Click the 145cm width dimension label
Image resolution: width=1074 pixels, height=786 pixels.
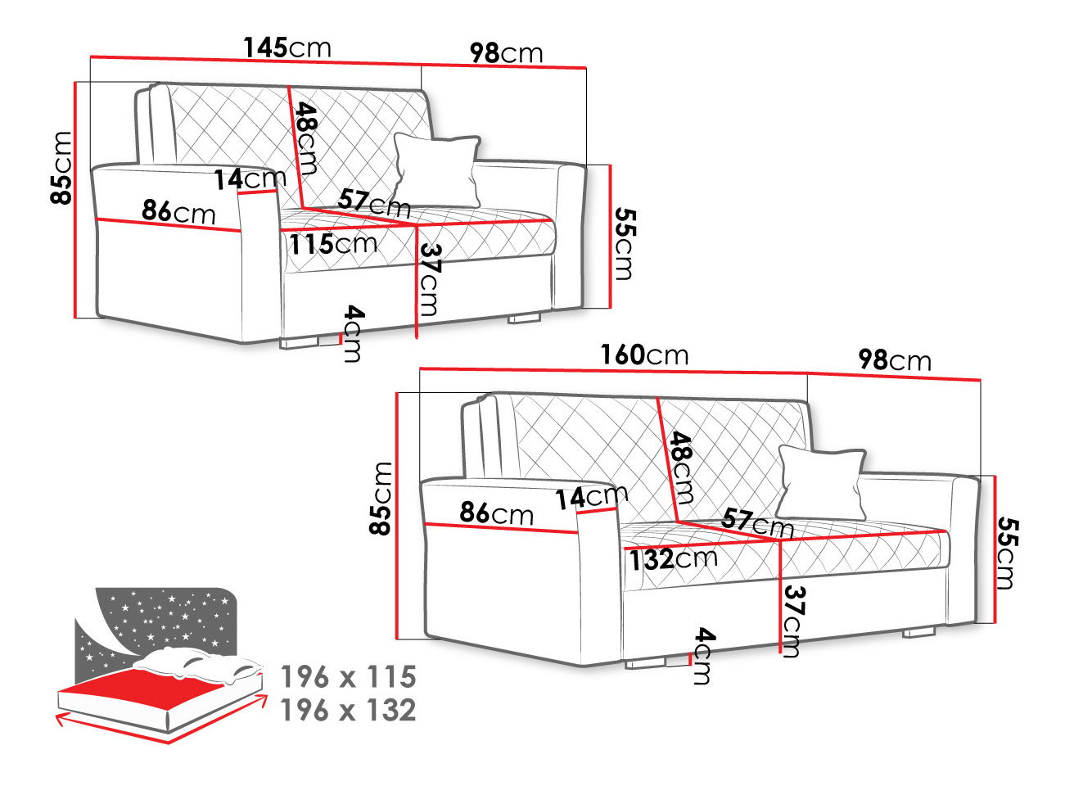pyautogui.click(x=287, y=47)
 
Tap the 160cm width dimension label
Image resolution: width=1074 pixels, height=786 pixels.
pyautogui.click(x=644, y=355)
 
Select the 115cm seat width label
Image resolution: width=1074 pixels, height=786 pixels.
pyautogui.click(x=332, y=243)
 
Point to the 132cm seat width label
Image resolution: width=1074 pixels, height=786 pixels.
pyautogui.click(x=673, y=559)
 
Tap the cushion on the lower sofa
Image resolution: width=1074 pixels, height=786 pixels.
pyautogui.click(x=821, y=481)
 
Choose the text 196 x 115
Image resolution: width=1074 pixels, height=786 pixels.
pyautogui.click(x=349, y=677)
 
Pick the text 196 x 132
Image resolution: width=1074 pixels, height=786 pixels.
pyautogui.click(x=349, y=710)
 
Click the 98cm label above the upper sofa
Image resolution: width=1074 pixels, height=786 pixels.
pyautogui.click(x=506, y=52)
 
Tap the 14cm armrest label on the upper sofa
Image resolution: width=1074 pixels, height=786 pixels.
pyautogui.click(x=250, y=178)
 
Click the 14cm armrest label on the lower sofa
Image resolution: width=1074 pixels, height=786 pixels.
pyautogui.click(x=591, y=496)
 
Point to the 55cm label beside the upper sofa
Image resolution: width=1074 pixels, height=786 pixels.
pyautogui.click(x=624, y=244)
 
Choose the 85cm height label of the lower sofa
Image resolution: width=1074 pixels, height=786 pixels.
pyautogui.click(x=381, y=499)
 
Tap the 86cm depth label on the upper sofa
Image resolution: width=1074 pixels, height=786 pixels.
pyautogui.click(x=178, y=211)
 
